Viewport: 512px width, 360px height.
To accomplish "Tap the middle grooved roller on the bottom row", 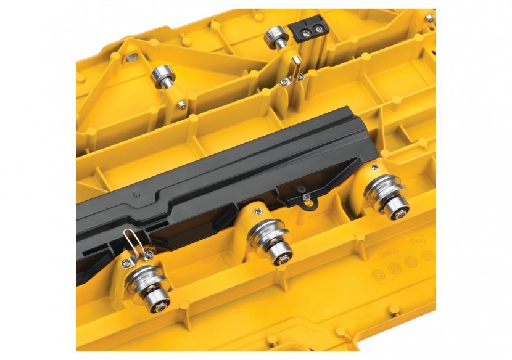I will tap(267, 237).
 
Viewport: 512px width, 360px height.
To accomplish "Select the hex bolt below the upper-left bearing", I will tap(181, 105).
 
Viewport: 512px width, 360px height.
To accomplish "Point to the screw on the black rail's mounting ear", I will tap(307, 198).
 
